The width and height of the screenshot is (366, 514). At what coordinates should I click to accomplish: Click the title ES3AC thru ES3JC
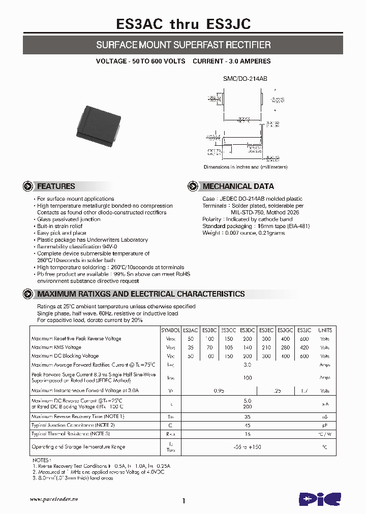point(183,23)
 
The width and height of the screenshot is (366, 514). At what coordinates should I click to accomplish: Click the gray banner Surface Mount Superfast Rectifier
point(183,45)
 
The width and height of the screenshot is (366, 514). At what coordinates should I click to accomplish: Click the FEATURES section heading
point(56,186)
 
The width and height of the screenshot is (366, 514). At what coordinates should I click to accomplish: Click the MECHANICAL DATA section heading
point(238,186)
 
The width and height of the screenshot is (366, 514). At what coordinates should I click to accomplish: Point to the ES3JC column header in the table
point(304,330)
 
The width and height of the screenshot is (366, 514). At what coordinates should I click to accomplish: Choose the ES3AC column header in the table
point(191,330)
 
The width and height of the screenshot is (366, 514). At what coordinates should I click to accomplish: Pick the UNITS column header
point(325,330)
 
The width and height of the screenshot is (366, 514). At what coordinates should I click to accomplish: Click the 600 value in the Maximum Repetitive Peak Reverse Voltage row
point(304,339)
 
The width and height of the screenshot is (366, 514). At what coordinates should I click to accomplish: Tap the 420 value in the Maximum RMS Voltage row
point(304,348)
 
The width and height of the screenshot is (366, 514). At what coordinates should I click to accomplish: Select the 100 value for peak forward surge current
point(248,378)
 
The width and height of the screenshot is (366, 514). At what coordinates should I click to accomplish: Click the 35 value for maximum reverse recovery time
point(248,416)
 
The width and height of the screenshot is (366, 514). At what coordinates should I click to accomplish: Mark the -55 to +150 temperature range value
point(248,447)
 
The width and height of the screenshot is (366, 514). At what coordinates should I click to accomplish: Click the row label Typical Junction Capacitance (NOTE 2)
point(73,425)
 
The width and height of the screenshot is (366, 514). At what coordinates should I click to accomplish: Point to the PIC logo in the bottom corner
point(318,500)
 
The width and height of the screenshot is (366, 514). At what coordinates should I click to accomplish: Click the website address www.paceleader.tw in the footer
point(53,499)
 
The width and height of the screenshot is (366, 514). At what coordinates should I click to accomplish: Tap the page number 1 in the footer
point(183,501)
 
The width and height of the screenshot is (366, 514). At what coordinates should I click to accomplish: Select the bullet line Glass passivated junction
point(69,219)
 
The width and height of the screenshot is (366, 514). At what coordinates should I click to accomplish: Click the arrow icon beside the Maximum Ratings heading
point(28,294)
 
